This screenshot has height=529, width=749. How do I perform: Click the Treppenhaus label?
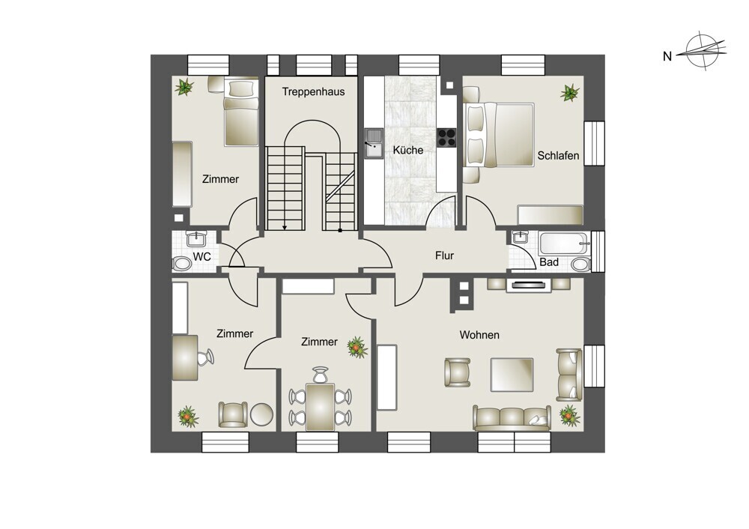pyautogui.click(x=313, y=91)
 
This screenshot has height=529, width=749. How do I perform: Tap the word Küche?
pyautogui.click(x=408, y=150)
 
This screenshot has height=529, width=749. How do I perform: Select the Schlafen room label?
pyautogui.click(x=558, y=155)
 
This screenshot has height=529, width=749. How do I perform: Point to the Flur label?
pyautogui.click(x=444, y=256)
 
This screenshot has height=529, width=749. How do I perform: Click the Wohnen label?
pyautogui.click(x=479, y=335)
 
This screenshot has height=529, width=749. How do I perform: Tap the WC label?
pyautogui.click(x=201, y=256)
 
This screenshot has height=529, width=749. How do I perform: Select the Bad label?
pyautogui.click(x=549, y=262)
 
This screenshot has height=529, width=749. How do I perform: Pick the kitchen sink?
pyautogui.click(x=374, y=143)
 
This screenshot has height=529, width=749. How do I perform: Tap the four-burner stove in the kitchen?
pyautogui.click(x=447, y=138)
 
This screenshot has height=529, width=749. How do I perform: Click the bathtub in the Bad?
pyautogui.click(x=564, y=244)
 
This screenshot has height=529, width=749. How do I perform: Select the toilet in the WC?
pyautogui.click(x=182, y=263)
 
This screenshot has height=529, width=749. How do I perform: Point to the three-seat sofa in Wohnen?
pyautogui.click(x=512, y=418)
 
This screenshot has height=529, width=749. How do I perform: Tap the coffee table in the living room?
pyautogui.click(x=512, y=375)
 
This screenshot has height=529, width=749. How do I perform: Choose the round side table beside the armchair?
pyautogui.click(x=261, y=415)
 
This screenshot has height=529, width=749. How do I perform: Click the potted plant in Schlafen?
pyautogui.click(x=569, y=93)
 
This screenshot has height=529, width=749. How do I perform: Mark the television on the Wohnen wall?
pyautogui.click(x=528, y=285)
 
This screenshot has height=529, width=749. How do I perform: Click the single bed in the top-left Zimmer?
pyautogui.click(x=241, y=112)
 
